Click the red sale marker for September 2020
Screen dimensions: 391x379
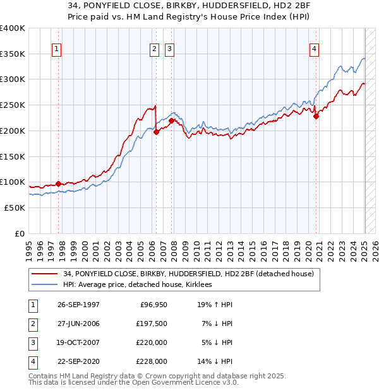tap(316, 115)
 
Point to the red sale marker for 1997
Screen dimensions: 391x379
tap(58, 184)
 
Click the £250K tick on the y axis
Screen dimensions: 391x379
tap(13, 105)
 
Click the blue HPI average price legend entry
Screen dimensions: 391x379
tap(136, 284)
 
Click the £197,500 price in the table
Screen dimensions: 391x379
tap(152, 323)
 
